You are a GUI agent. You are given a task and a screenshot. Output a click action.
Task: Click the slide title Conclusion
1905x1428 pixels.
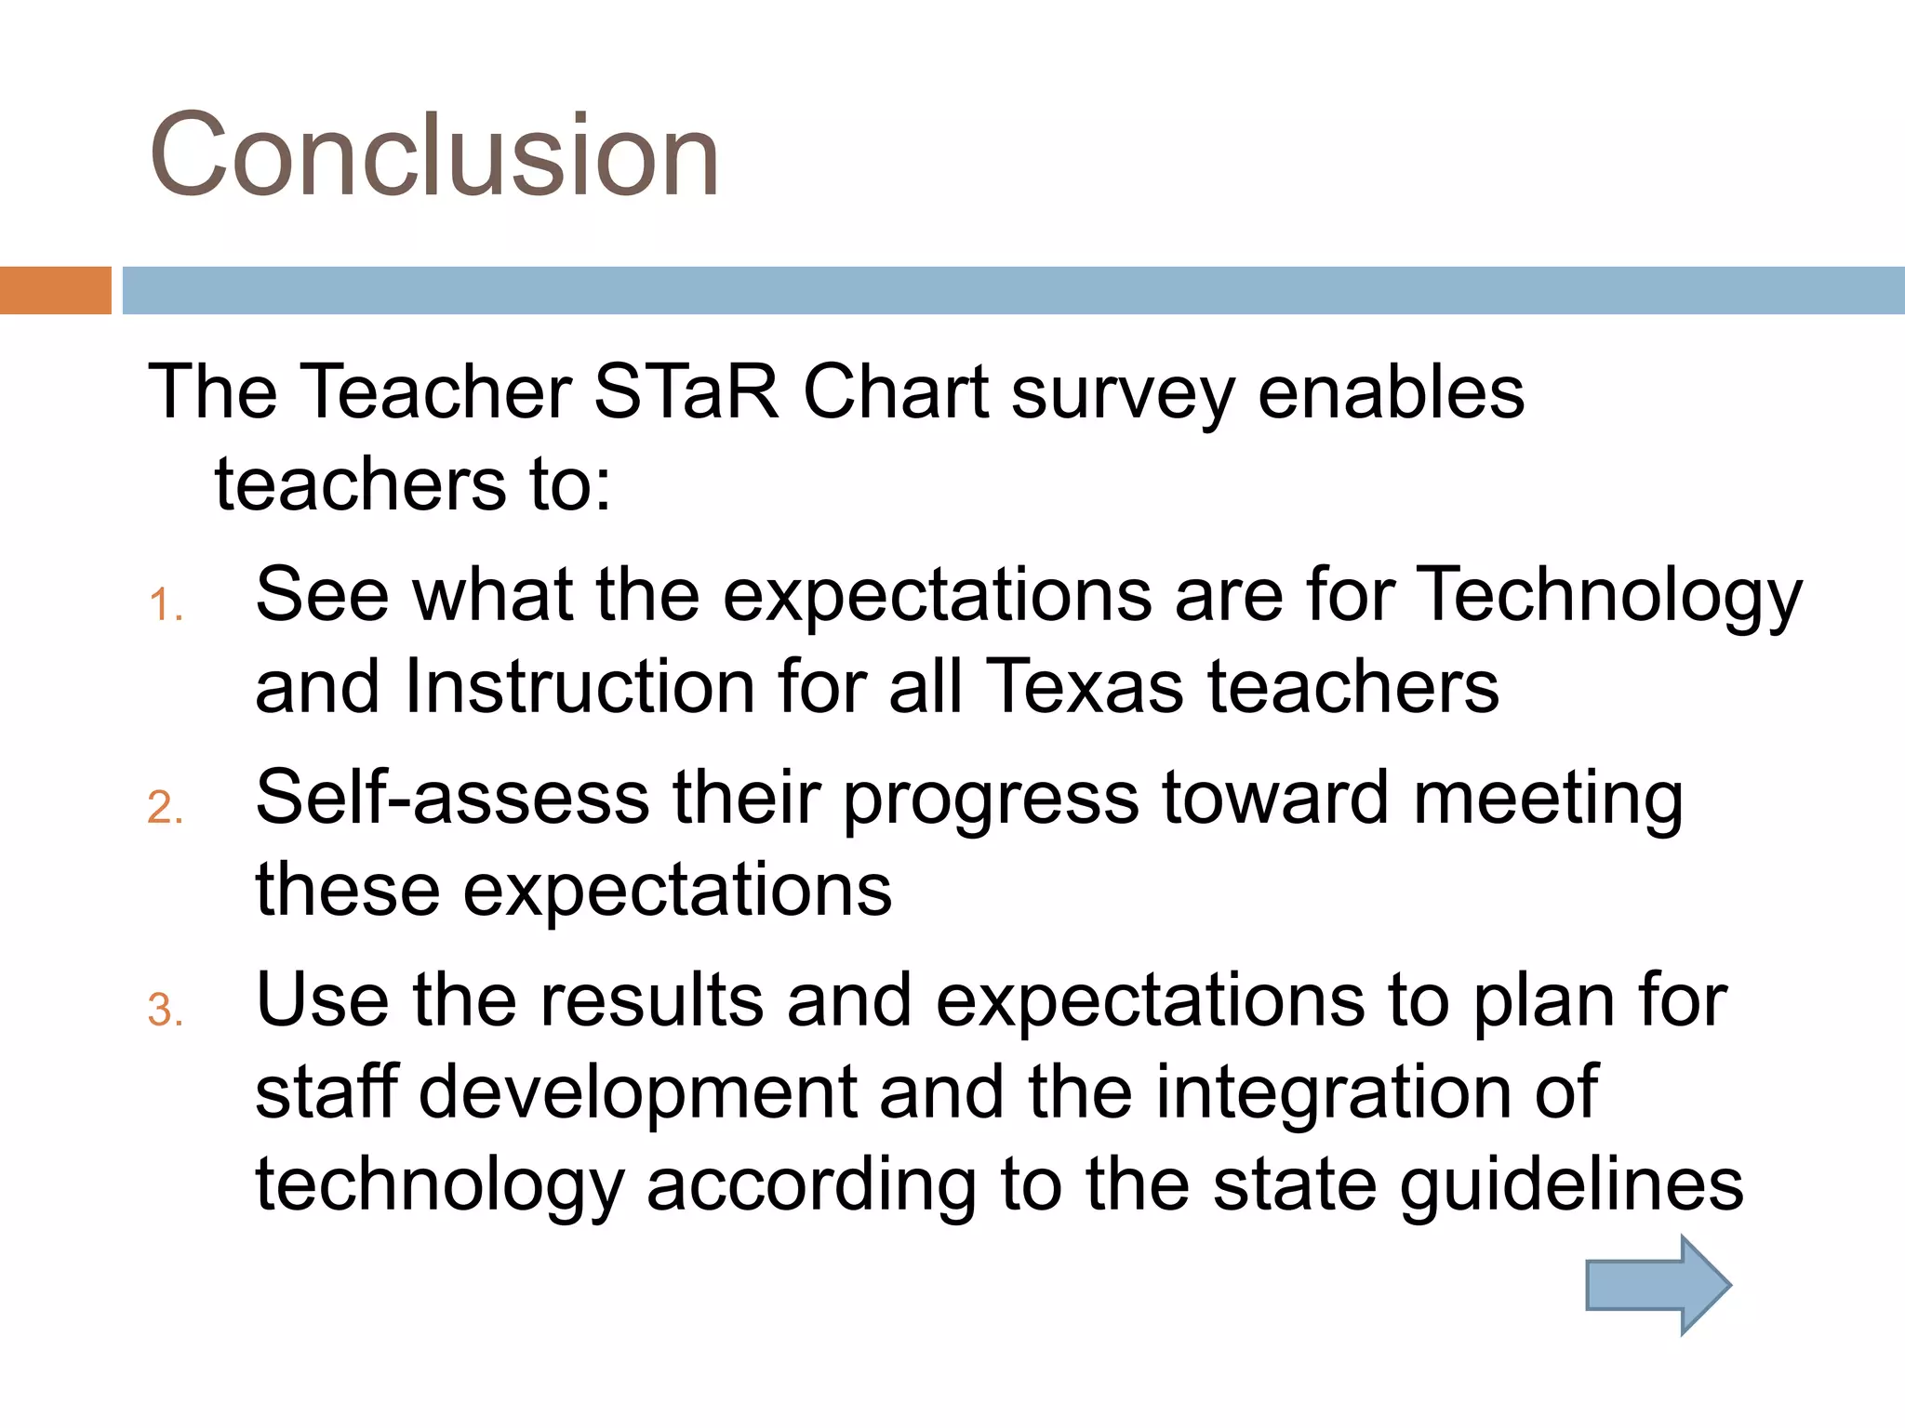pyautogui.click(x=434, y=155)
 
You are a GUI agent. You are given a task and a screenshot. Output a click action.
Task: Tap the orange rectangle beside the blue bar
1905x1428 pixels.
pyautogui.click(x=55, y=290)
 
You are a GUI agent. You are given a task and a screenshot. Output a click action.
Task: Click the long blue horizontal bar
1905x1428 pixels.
pyautogui.click(x=1012, y=290)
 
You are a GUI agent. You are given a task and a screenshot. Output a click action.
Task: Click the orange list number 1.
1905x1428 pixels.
pyautogui.click(x=166, y=605)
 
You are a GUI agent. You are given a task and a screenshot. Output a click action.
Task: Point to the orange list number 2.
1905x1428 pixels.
pyautogui.click(x=166, y=807)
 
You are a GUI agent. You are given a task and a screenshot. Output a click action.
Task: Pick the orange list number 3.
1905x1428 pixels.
pyautogui.click(x=166, y=1011)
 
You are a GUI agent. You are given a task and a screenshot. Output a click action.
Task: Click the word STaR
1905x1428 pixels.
pyautogui.click(x=686, y=392)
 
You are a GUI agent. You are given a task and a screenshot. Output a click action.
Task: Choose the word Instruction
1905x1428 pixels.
pyautogui.click(x=579, y=687)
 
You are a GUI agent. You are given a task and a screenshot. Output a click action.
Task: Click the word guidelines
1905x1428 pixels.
pyautogui.click(x=1571, y=1186)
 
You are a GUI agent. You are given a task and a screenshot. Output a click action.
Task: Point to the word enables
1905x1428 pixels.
pyautogui.click(x=1391, y=392)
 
